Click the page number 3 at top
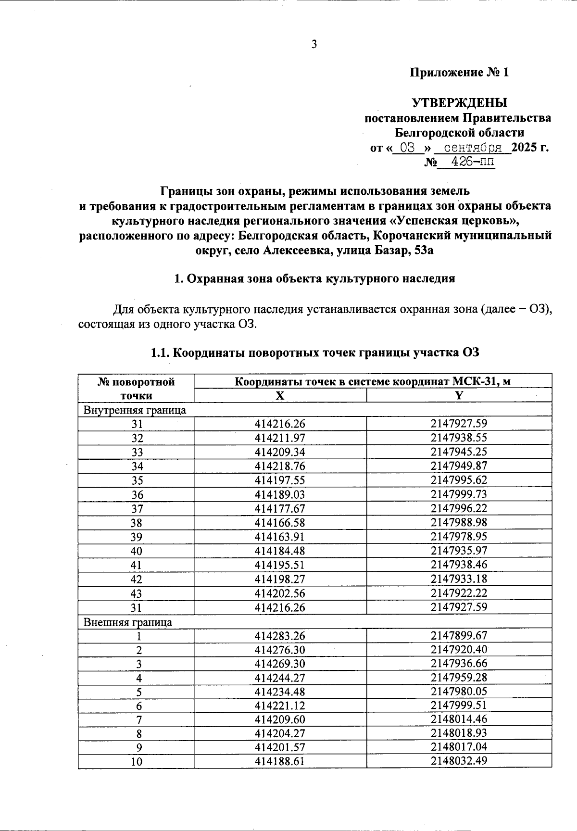coord(314,45)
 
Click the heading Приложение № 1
coord(459,73)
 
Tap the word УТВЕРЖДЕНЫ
coord(459,103)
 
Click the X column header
coord(280,395)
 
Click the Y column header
coord(459,395)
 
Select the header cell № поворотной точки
coord(136,389)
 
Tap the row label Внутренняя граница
coord(135,410)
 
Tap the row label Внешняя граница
coord(128,622)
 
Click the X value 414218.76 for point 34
coord(280,466)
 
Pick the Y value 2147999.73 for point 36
coord(459,494)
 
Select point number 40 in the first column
coord(137,551)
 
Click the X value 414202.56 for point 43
coord(280,593)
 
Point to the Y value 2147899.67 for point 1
coord(459,636)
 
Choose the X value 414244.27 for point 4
coord(280,678)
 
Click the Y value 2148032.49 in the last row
coord(459,761)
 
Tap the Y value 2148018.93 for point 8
coord(459,733)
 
